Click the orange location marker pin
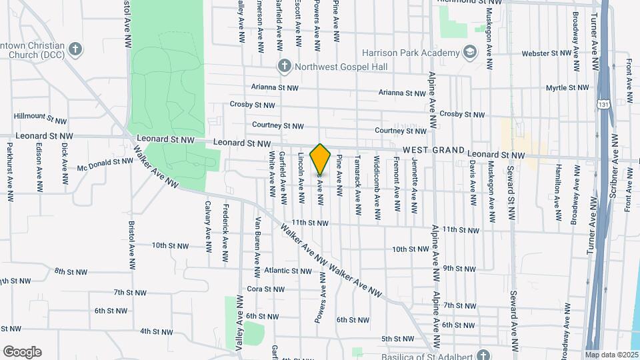point(321,159)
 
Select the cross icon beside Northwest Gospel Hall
point(285,65)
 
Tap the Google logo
point(22,352)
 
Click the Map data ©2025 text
point(611,355)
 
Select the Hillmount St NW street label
point(40,118)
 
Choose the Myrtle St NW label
point(567,87)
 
